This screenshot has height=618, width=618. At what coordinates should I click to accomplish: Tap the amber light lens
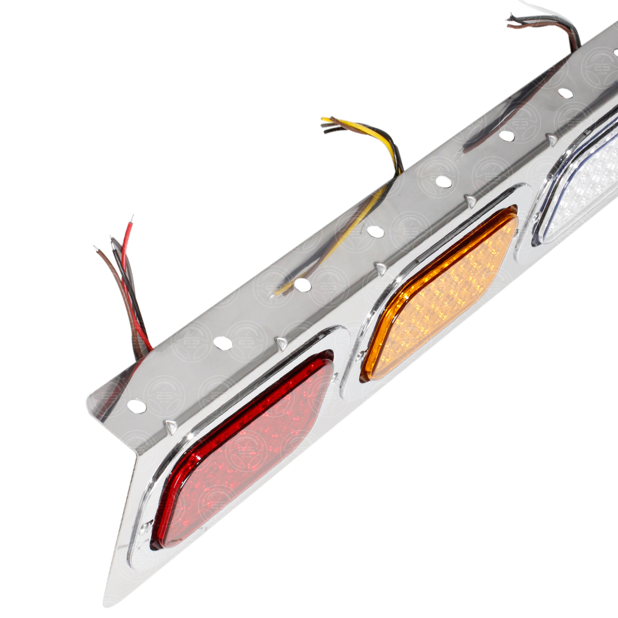439,295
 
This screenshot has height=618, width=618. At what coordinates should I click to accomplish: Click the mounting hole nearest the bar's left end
137,406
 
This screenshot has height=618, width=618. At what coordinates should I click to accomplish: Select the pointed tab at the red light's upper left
169,426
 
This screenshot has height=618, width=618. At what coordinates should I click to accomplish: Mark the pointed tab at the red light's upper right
281,343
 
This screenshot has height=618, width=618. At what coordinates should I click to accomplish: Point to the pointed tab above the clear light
550,140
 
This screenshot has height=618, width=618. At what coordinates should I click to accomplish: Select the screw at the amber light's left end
361,357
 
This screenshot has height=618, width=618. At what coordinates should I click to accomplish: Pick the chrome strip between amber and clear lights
524,227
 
